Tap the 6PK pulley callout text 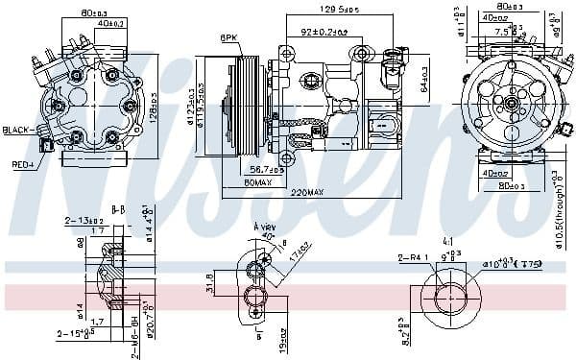pos(228,37)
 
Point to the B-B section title pos(118,208)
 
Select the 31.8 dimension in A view pos(210,284)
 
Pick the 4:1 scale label pos(448,241)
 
